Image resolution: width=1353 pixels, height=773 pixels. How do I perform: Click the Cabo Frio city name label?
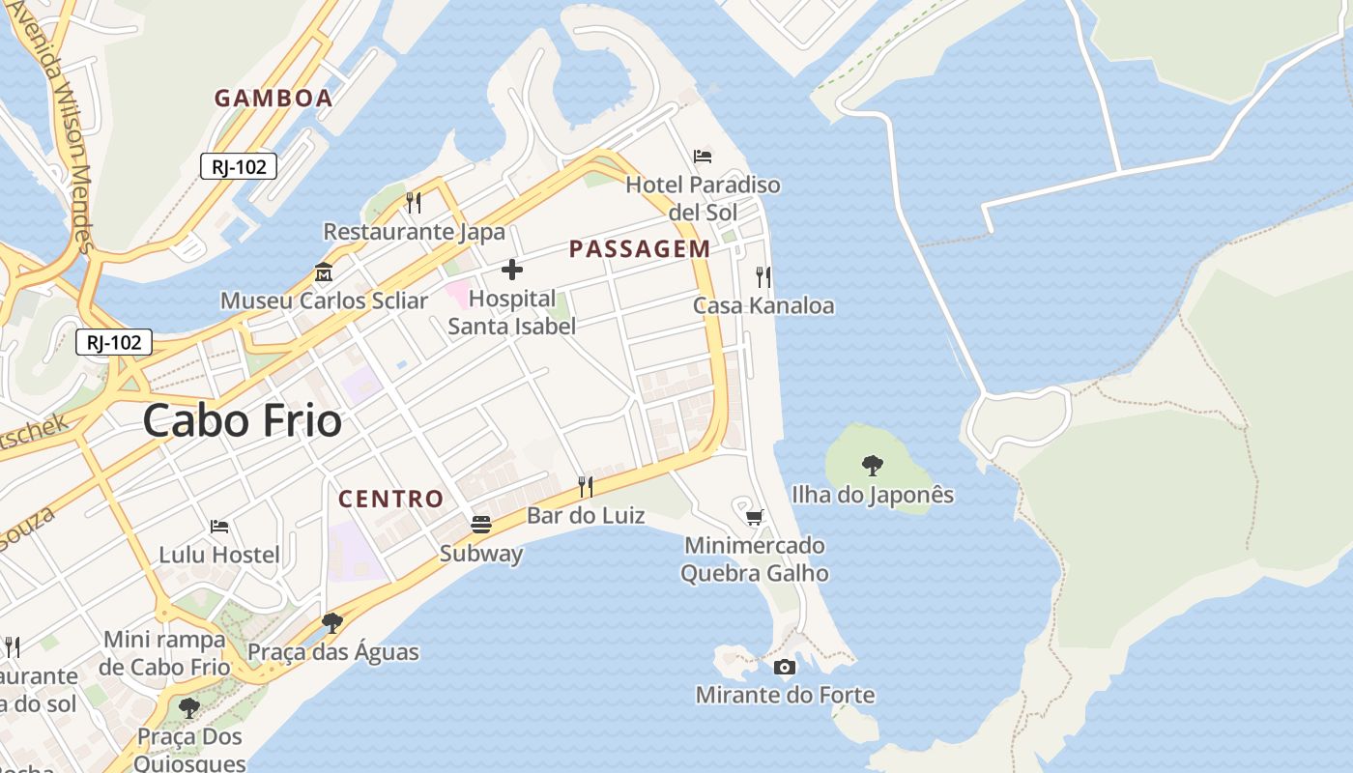[x=242, y=421]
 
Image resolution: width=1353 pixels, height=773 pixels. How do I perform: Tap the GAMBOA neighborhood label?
[x=273, y=98]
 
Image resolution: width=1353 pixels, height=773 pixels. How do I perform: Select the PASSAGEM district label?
[x=640, y=249]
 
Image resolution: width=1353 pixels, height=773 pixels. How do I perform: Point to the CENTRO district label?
[x=390, y=500]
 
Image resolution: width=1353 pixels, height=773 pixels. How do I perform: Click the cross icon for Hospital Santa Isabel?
[x=512, y=270]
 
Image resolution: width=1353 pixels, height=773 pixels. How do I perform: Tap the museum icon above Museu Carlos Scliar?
[x=323, y=272]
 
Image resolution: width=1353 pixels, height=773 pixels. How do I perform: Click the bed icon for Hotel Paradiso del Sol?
[x=703, y=157]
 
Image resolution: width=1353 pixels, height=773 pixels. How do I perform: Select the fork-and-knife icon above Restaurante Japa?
[x=414, y=203]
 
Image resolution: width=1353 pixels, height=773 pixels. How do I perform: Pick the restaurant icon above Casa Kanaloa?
[x=763, y=277]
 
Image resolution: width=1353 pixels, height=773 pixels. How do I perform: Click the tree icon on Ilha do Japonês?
[x=872, y=466]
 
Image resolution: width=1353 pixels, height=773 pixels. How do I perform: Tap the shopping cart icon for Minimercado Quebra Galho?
[x=755, y=517]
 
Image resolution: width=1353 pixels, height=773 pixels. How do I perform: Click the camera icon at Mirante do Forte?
[x=785, y=667]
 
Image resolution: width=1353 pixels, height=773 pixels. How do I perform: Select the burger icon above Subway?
[x=481, y=525]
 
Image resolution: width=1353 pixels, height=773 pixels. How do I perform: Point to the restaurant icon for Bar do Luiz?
[x=586, y=486]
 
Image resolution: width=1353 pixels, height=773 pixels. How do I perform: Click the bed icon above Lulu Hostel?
[x=219, y=527]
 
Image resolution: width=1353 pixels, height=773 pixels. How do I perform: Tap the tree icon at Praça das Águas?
[x=332, y=622]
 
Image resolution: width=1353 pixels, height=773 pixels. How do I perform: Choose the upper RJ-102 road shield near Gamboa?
[x=239, y=166]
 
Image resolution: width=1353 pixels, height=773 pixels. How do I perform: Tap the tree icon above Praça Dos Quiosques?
[x=189, y=708]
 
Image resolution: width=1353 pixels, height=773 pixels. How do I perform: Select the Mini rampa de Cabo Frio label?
[x=164, y=653]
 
